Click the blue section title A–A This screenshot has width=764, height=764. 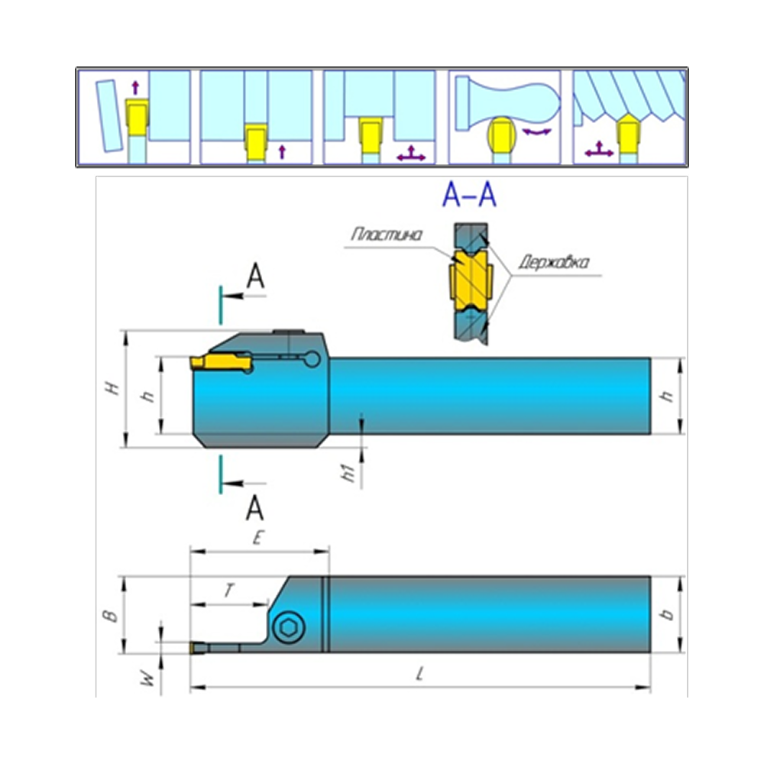469,196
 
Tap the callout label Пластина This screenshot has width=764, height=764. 386,235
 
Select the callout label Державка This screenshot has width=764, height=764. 552,264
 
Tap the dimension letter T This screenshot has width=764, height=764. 228,591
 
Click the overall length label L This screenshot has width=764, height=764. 419,675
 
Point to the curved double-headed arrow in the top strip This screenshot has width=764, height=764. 536,132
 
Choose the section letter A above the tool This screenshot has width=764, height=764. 257,279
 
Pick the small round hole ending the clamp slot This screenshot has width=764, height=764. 310,358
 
